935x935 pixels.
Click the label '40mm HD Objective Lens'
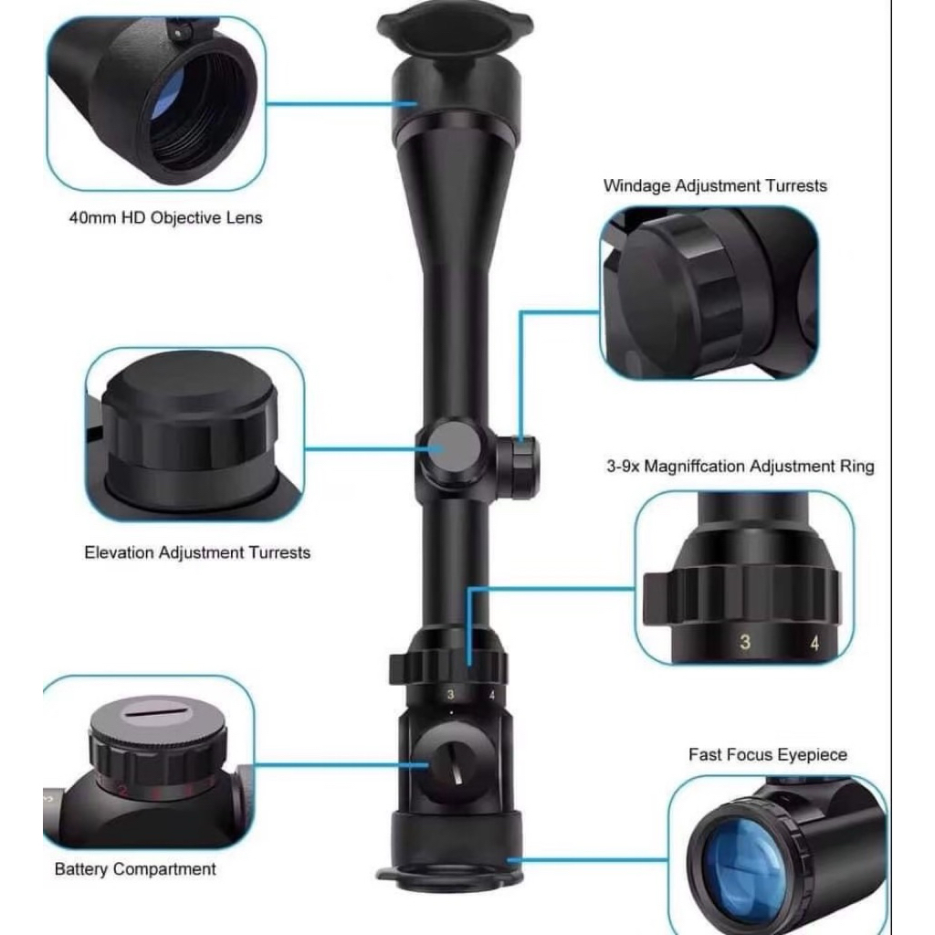point(166,217)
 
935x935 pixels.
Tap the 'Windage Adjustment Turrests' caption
point(715,186)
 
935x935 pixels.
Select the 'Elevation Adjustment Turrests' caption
point(197,552)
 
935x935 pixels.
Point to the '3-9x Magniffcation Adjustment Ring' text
point(740,466)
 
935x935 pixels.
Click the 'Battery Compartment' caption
point(135,869)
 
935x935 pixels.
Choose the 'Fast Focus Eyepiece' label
point(767,755)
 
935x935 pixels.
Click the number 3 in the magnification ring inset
point(745,642)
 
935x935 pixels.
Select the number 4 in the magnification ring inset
point(814,643)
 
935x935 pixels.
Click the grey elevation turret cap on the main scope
point(451,448)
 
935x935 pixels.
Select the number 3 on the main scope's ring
point(451,694)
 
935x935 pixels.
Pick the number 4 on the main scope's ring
point(492,695)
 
